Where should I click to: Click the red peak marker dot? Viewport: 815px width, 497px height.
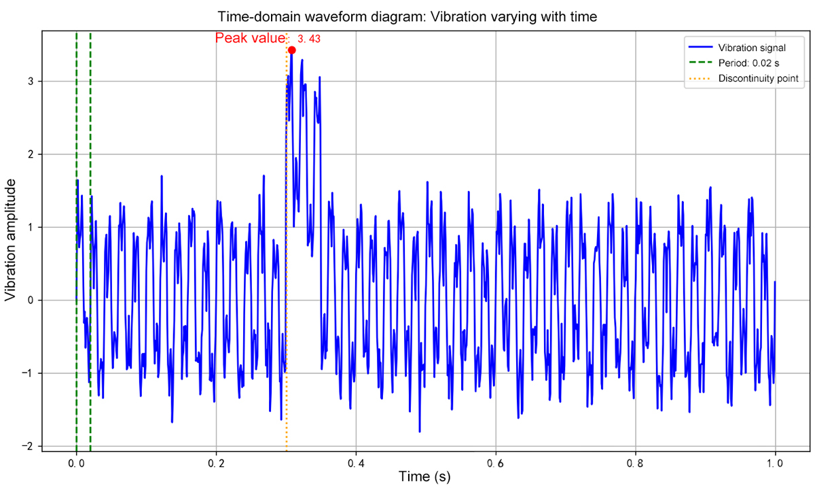click(291, 50)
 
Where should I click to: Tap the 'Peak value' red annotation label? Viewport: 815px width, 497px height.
click(250, 39)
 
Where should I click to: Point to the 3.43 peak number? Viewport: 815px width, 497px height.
click(309, 39)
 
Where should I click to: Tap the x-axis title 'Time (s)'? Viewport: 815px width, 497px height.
click(424, 477)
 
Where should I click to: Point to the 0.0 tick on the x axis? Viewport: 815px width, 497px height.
click(76, 463)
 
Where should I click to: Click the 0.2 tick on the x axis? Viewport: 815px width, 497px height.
click(216, 463)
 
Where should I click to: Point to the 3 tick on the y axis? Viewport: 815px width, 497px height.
click(31, 81)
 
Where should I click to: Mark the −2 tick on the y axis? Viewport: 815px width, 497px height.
click(29, 446)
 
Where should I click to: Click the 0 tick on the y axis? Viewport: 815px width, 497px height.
click(31, 300)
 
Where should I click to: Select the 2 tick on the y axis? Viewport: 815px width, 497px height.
click(31, 154)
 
